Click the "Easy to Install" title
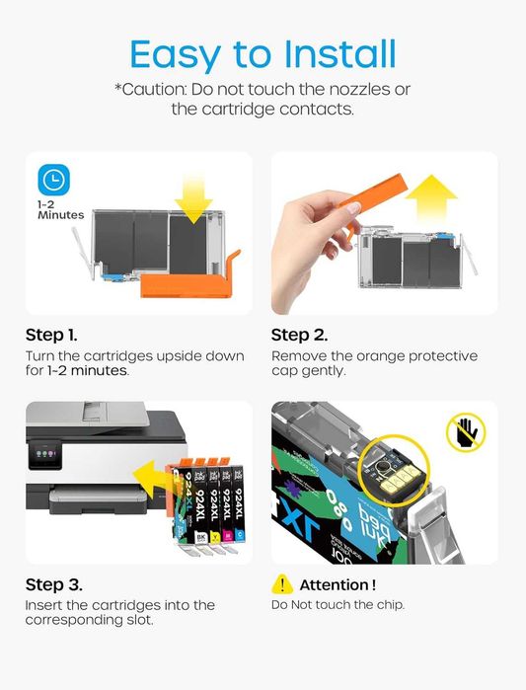point(263,52)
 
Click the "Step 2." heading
point(299,335)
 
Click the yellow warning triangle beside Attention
point(282,584)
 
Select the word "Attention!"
point(338,584)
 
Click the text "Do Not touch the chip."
point(338,604)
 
